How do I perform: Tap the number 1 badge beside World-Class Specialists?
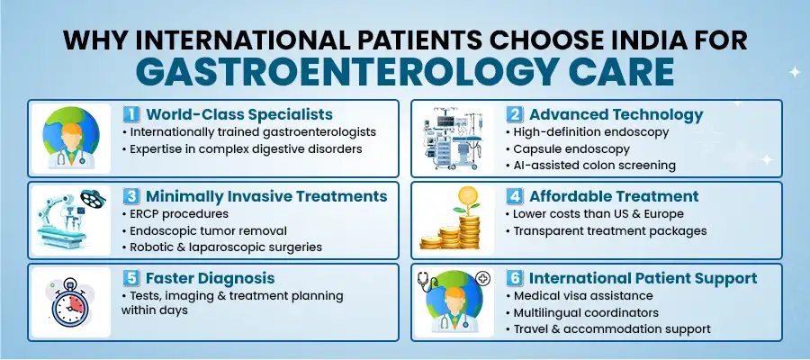click(x=131, y=115)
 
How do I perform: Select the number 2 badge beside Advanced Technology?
click(x=514, y=115)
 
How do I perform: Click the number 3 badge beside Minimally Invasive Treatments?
click(x=131, y=196)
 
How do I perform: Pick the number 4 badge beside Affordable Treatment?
click(x=514, y=196)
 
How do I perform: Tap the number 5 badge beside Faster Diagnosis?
click(x=131, y=278)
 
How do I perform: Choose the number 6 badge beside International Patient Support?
click(x=514, y=278)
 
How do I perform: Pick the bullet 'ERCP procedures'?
click(x=173, y=213)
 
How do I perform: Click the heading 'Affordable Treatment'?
click(x=615, y=196)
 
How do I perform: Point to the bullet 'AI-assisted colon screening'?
click(x=593, y=166)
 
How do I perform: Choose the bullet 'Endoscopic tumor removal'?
click(x=203, y=230)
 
